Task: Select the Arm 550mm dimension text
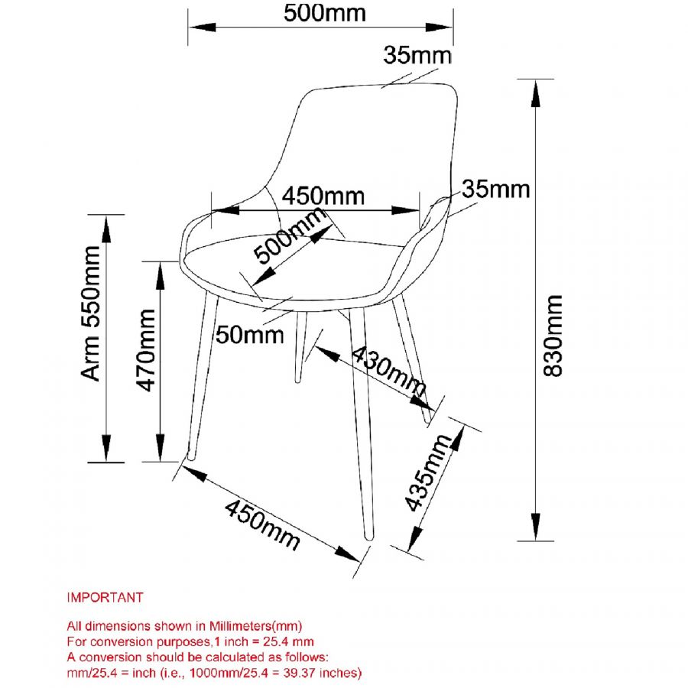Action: click(92, 313)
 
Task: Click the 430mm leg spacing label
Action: click(389, 370)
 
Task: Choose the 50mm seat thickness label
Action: click(249, 335)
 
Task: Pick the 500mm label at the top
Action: click(324, 13)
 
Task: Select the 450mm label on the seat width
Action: click(323, 196)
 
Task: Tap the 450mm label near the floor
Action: click(261, 525)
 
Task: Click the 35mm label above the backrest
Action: click(417, 56)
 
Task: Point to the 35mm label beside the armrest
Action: click(495, 189)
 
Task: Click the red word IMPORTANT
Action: click(105, 596)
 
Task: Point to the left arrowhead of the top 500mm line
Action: click(197, 27)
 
